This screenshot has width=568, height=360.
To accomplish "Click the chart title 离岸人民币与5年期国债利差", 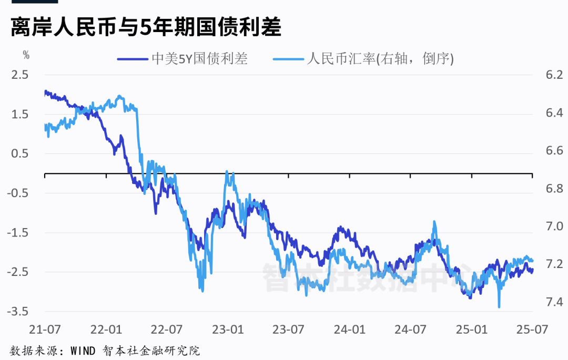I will tap(146, 27).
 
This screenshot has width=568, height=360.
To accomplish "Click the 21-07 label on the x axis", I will tap(44, 330).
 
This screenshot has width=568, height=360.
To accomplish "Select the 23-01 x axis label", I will tap(228, 330).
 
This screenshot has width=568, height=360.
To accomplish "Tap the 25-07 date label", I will tap(533, 330).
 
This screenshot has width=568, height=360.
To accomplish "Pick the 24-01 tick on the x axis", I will tap(350, 330).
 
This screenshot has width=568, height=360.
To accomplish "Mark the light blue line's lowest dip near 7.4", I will tap(499, 307).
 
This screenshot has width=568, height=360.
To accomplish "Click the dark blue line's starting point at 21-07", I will tap(45, 91).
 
